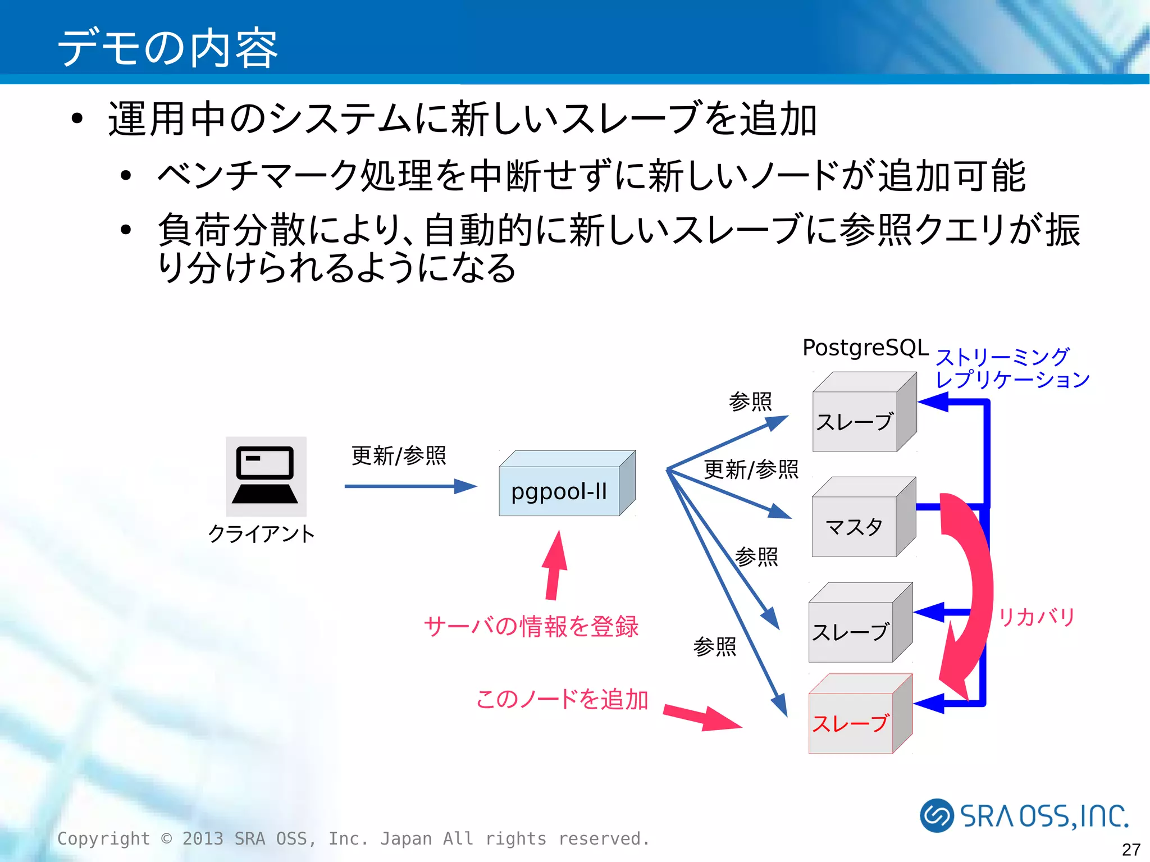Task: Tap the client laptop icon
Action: tap(266, 476)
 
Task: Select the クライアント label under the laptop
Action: tap(261, 533)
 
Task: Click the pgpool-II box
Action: tap(559, 491)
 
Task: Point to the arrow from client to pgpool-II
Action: tap(410, 486)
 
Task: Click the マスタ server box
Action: tap(854, 526)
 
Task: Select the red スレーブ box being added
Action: tap(851, 723)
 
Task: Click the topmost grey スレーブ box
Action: tap(855, 421)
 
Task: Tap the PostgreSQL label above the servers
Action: tap(865, 348)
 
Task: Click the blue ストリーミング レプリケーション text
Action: tap(1011, 368)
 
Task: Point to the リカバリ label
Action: tap(1036, 617)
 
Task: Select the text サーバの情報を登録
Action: tap(531, 626)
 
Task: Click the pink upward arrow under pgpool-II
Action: tap(555, 564)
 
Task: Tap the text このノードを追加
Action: tap(562, 699)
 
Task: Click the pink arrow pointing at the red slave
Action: tap(702, 718)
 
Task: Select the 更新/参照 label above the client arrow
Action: tap(399, 455)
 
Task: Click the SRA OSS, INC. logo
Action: tap(1024, 815)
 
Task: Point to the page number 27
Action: tap(1131, 849)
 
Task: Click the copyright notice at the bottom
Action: tap(354, 838)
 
